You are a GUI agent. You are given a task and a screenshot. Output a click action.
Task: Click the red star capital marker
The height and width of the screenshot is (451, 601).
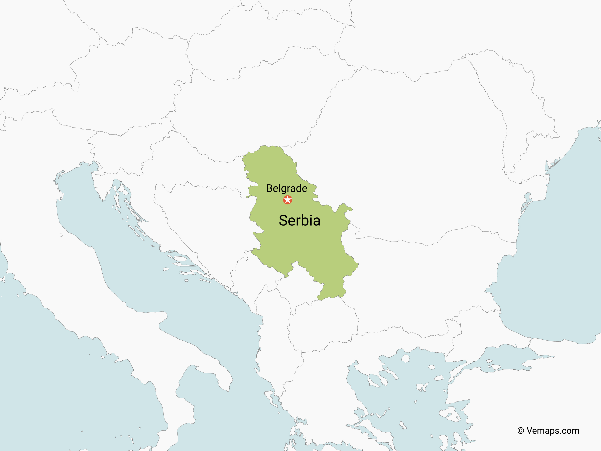(287, 200)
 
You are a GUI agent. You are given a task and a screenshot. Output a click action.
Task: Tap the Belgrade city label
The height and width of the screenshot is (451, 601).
(287, 188)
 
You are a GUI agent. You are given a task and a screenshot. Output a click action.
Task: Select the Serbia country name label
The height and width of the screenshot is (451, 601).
(299, 220)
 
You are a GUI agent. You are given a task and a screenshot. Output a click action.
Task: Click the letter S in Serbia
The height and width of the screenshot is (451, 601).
(284, 220)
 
